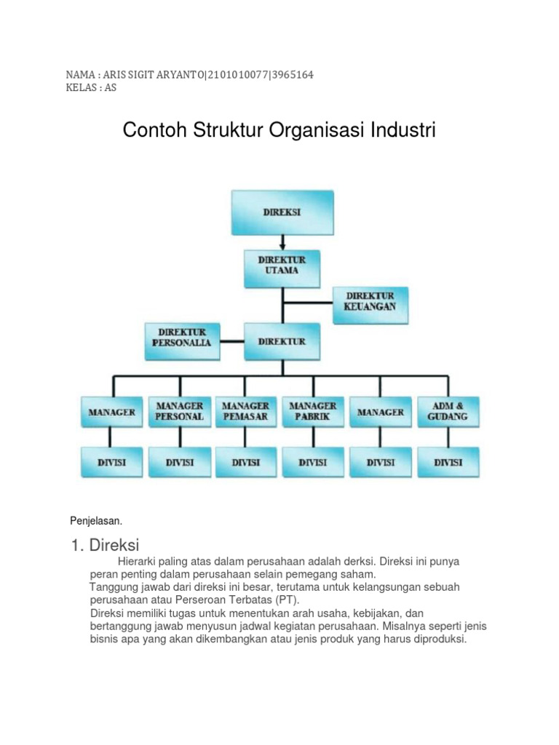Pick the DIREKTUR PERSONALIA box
click(182, 340)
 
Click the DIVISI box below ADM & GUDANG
click(448, 462)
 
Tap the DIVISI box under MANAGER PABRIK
click(313, 462)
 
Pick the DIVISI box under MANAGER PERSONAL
click(179, 462)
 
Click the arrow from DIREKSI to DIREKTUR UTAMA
click(282, 242)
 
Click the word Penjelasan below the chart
click(95, 521)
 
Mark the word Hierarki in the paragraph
click(138, 563)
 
